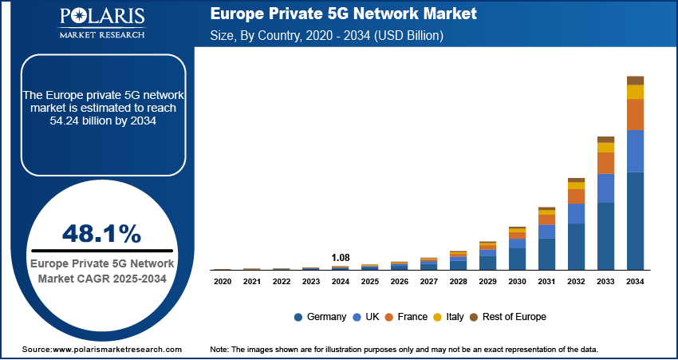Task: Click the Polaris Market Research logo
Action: pyautogui.click(x=101, y=23)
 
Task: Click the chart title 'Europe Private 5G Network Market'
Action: pyautogui.click(x=342, y=14)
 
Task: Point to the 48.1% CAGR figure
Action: pyautogui.click(x=101, y=234)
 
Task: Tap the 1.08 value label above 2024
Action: pyautogui.click(x=341, y=258)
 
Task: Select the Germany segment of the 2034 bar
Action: pyautogui.click(x=635, y=221)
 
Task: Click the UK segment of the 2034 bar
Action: pyautogui.click(x=635, y=151)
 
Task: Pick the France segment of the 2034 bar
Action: pyautogui.click(x=635, y=115)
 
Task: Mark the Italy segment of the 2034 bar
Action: pyautogui.click(x=635, y=92)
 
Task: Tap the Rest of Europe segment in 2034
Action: pyautogui.click(x=635, y=80)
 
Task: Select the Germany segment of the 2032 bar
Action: pyautogui.click(x=576, y=247)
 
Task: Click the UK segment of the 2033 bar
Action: pyautogui.click(x=605, y=188)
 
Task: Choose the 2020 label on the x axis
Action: pyautogui.click(x=223, y=282)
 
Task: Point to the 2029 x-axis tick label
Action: pyautogui.click(x=487, y=282)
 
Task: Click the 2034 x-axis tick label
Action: pyautogui.click(x=635, y=282)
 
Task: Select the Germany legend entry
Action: pyautogui.click(x=321, y=317)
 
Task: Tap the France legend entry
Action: pyautogui.click(x=406, y=317)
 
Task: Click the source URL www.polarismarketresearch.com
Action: pyautogui.click(x=118, y=350)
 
